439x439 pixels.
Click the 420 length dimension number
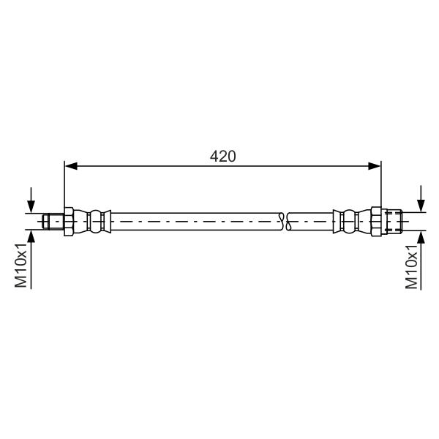click(x=223, y=157)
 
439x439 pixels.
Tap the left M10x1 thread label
click(x=20, y=266)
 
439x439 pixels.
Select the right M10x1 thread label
click(x=411, y=266)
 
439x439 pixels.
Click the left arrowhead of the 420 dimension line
click(x=71, y=166)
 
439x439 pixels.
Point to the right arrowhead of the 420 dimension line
click(x=374, y=166)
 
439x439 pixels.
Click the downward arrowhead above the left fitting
click(x=31, y=206)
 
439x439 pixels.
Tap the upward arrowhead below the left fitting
click(x=31, y=236)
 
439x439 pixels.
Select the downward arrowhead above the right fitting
click(x=421, y=206)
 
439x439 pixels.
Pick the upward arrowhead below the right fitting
click(x=421, y=238)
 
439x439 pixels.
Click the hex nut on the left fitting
click(x=69, y=222)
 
